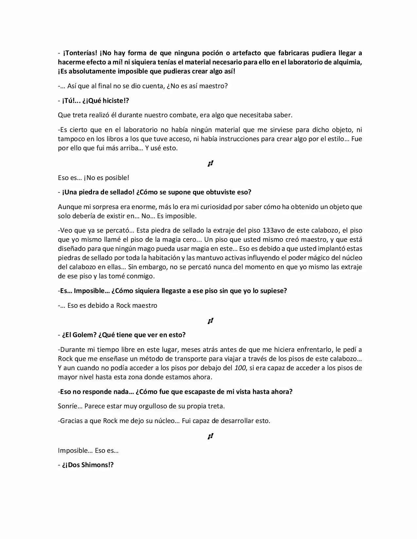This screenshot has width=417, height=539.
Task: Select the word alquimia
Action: [x=348, y=62]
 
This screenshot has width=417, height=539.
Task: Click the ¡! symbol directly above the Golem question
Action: [x=210, y=321]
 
